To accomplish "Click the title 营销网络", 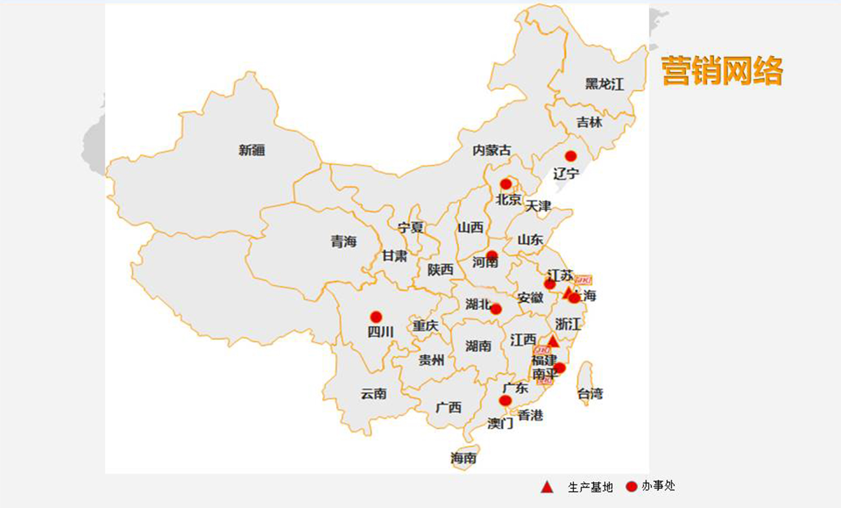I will tap(722, 71).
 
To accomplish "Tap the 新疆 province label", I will tap(252, 150).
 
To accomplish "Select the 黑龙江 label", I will tap(604, 84).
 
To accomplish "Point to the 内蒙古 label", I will tap(492, 150).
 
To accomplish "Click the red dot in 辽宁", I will tap(571, 156).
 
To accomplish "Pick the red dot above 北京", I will tap(506, 184).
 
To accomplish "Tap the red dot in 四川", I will tap(376, 317).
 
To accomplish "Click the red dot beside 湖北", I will tap(496, 309).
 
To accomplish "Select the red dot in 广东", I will tap(505, 401).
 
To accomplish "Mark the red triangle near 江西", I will tap(553, 341).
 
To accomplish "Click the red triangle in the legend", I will tap(547, 487).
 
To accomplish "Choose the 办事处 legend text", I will tap(658, 486).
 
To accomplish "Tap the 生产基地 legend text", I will tap(590, 487).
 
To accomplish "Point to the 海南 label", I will tap(464, 458).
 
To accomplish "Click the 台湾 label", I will tap(590, 394).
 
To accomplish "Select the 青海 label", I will tap(344, 242).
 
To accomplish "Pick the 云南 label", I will tap(373, 394).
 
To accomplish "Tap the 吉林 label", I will tap(589, 122).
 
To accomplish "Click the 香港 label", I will tap(530, 415).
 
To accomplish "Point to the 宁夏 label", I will tap(410, 227).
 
